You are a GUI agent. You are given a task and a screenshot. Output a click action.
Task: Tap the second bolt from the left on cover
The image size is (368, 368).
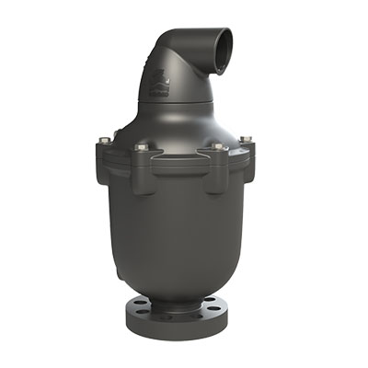tap(142, 147)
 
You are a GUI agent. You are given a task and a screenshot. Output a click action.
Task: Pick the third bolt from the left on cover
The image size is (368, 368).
tap(217, 146)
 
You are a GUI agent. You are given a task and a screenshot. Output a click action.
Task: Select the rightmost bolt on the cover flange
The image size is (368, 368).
tap(246, 140)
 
